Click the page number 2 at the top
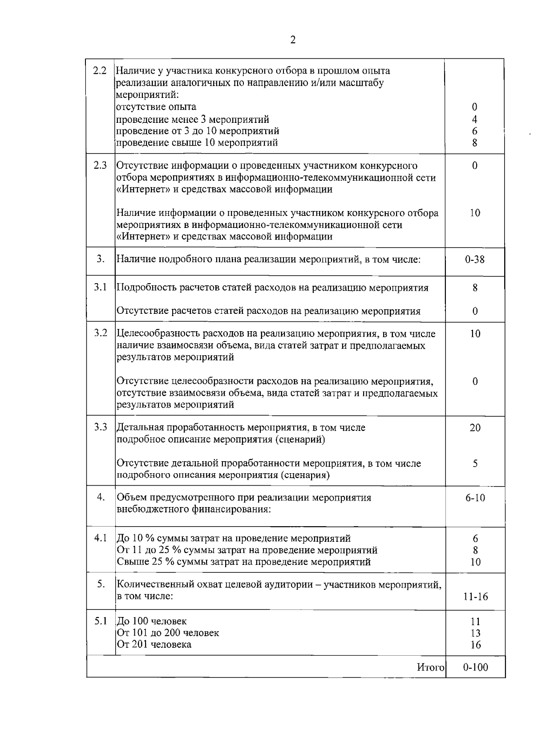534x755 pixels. (293, 40)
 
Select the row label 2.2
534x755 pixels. (100, 70)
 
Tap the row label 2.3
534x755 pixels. (100, 165)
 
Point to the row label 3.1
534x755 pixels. (100, 287)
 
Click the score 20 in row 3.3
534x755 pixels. (475, 428)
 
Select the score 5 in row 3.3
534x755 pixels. (475, 463)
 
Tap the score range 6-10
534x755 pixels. (475, 498)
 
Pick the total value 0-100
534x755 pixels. (475, 667)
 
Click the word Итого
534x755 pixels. (430, 667)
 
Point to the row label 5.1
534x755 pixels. (100, 621)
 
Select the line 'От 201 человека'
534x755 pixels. (154, 644)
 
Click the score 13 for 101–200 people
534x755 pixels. (475, 633)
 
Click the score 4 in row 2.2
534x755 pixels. (475, 119)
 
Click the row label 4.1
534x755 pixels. (100, 538)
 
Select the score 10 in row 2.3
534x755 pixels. (475, 213)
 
